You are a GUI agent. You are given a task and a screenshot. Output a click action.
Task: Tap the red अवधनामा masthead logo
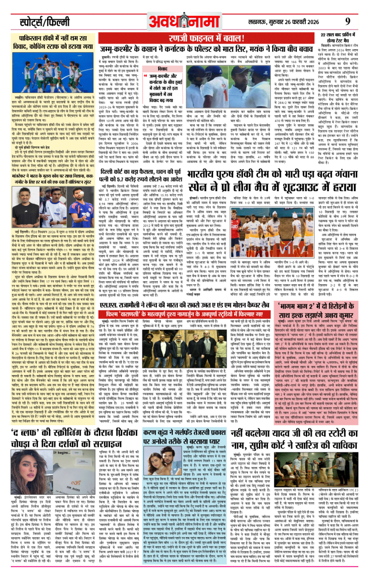pyautogui.click(x=184, y=21)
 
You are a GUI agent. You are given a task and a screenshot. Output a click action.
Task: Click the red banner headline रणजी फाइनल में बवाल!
pyautogui.click(x=207, y=38)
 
